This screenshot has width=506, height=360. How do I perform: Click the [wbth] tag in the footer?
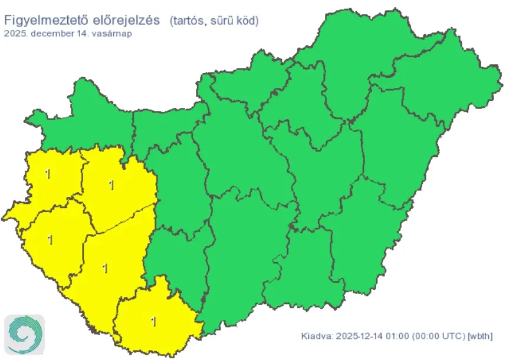tap(479, 336)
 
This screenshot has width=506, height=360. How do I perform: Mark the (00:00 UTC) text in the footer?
tap(438, 336)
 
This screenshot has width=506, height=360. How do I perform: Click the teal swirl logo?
tap(24, 335)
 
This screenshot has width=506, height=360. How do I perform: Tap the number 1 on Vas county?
tap(47, 174)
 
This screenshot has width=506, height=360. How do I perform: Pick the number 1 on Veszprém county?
tap(111, 186)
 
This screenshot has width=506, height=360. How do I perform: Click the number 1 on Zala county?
tap(50, 240)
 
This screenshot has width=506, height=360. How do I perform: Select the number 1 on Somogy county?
tap(105, 269)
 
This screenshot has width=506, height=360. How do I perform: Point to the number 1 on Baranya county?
tap(154, 322)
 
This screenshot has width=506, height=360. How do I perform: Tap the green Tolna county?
tap(177, 253)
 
